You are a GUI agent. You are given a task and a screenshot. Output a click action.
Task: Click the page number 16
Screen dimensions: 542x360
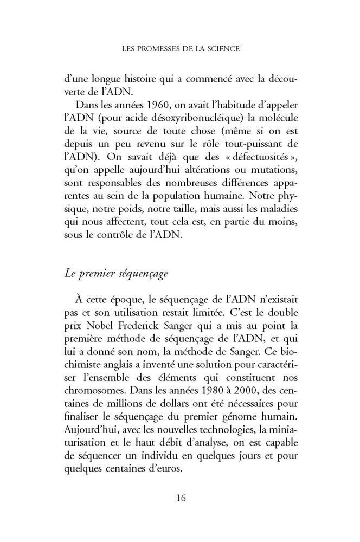180,498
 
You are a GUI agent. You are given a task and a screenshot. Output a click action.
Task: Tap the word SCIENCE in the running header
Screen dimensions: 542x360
221,48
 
